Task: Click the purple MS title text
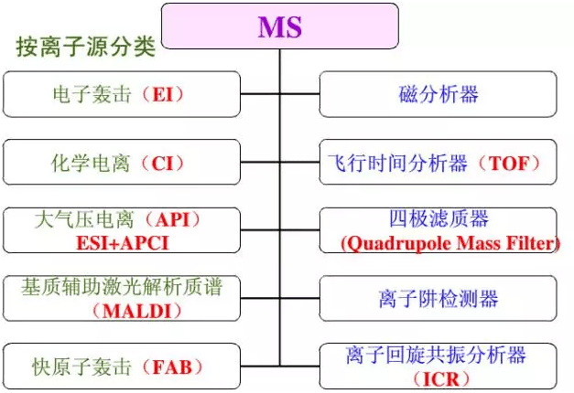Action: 280,27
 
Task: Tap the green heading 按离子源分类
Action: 86,47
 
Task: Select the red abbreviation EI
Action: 163,94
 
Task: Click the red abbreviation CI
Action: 162,163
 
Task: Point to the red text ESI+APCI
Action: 123,243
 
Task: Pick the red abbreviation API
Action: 172,219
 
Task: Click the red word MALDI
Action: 137,311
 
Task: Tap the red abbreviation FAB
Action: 172,366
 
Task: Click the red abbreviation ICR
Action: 441,379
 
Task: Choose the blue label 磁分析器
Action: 439,94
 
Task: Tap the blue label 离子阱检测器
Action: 439,298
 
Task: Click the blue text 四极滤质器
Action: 439,218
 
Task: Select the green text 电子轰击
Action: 92,94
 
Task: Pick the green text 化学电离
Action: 91,163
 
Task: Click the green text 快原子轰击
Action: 81,366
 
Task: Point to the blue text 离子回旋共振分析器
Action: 436,355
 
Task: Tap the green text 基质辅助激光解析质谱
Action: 122,286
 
